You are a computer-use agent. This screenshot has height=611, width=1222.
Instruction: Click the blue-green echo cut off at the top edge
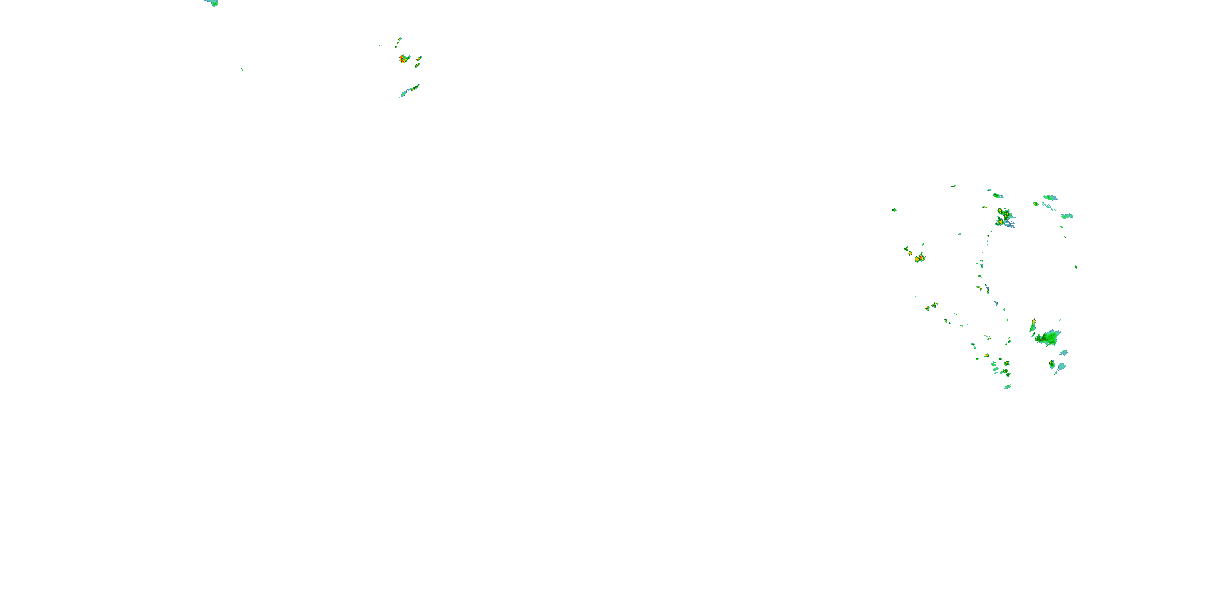pos(213,3)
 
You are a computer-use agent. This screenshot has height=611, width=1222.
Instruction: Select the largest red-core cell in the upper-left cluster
pos(404,59)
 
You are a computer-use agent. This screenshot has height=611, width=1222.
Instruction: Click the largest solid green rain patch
pos(1049,337)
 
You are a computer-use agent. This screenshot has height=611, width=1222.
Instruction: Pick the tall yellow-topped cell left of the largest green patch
pos(1033,325)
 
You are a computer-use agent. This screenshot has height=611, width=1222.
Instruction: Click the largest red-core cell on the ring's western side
pos(920,258)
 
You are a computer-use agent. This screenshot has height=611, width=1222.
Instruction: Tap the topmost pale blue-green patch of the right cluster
pos(1050,197)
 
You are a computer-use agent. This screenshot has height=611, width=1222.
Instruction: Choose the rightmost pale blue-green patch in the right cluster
pos(1067,216)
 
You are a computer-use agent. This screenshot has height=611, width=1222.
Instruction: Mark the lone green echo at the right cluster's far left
pos(894,209)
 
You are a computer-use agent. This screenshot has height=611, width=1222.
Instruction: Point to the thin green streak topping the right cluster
pos(953,187)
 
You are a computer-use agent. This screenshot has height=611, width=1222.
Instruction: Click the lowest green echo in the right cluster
pos(1007,387)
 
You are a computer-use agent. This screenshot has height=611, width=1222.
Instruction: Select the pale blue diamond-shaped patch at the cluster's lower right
pos(1061,366)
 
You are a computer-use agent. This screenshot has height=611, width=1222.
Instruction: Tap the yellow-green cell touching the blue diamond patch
pos(1052,364)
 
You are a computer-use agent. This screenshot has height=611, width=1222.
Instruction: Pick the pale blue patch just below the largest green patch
pos(1064,353)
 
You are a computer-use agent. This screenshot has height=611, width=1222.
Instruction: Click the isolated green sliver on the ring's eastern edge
pos(1076,268)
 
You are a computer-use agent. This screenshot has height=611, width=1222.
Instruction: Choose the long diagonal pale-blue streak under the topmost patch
pos(1049,207)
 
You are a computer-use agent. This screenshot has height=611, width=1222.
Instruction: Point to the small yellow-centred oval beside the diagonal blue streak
pos(1035,204)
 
